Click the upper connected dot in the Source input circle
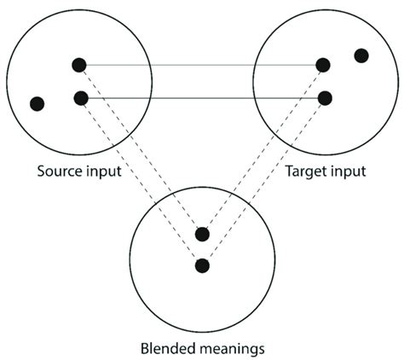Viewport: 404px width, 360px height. (79, 64)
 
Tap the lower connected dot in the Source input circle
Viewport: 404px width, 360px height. (81, 98)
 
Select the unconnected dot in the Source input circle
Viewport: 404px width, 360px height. (37, 104)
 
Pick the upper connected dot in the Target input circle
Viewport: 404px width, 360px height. (322, 65)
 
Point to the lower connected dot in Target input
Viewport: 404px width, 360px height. (325, 98)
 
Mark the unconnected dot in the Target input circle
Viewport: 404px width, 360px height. (361, 55)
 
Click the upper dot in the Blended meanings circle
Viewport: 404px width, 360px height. (202, 234)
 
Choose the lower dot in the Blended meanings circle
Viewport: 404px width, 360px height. (202, 265)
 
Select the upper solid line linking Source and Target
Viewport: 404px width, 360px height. (200, 64)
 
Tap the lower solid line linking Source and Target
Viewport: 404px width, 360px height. (202, 98)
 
